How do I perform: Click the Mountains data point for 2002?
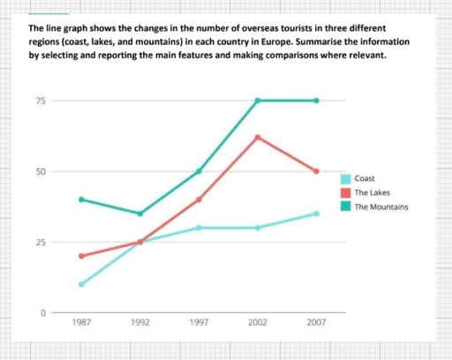click(258, 101)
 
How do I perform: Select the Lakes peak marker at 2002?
click(258, 137)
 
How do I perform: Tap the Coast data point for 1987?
click(81, 284)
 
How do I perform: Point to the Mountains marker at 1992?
click(139, 214)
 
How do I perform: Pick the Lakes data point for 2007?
click(316, 171)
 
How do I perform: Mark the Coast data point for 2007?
click(316, 214)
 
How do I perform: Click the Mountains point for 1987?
click(81, 199)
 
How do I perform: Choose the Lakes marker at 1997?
click(199, 199)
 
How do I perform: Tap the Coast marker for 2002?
click(258, 228)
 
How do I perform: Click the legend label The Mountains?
click(380, 207)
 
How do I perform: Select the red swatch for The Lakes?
click(344, 192)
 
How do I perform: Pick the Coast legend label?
click(364, 177)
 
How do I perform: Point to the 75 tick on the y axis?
click(41, 101)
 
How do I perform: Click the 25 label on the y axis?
click(41, 242)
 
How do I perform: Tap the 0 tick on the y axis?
click(42, 312)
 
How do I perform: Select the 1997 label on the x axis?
click(199, 324)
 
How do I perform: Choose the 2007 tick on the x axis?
click(316, 324)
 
